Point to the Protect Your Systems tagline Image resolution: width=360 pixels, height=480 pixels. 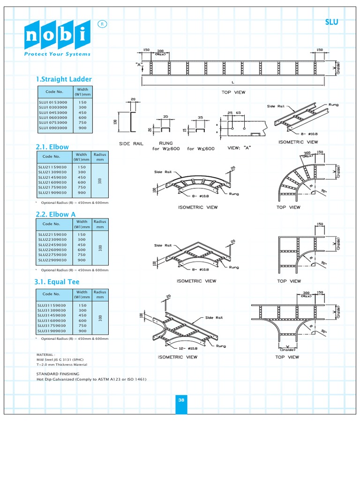(x=58, y=54)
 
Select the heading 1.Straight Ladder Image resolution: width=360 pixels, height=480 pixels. (x=63, y=79)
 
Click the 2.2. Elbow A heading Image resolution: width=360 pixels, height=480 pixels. (x=55, y=214)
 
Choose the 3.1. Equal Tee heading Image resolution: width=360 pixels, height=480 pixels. (x=57, y=282)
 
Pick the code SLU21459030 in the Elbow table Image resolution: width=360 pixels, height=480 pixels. (x=52, y=177)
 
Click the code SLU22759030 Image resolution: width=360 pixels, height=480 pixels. (x=52, y=255)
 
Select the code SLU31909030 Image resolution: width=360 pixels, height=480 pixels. (x=52, y=330)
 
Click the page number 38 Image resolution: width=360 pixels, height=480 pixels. (x=181, y=400)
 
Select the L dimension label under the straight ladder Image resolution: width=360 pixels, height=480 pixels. (x=233, y=82)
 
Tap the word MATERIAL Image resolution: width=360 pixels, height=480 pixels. (x=45, y=355)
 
